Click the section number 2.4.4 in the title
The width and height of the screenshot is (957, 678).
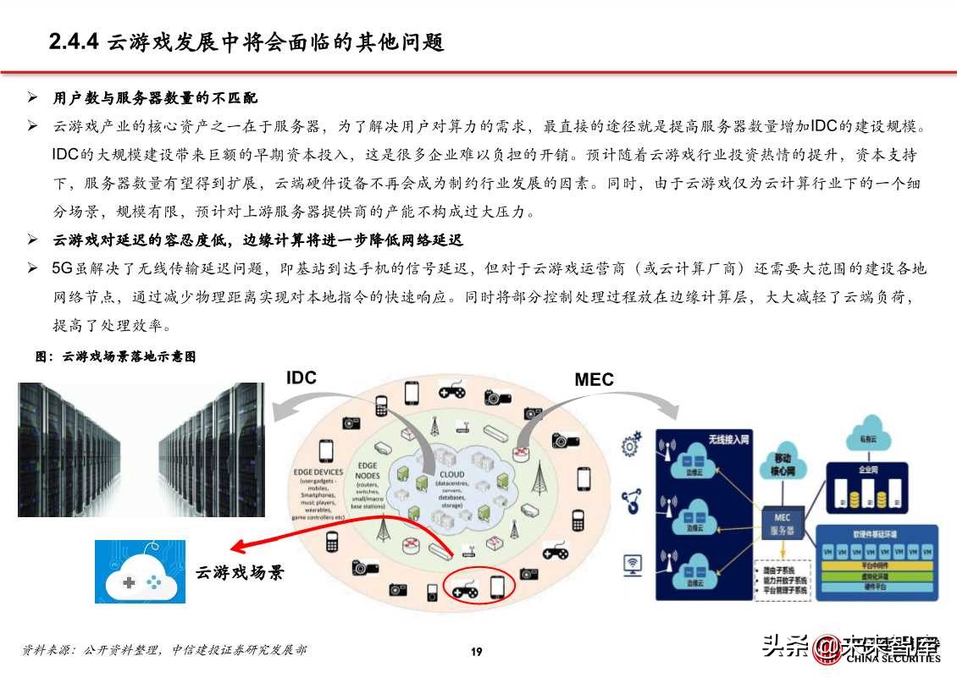(74, 42)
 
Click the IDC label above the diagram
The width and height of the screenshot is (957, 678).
(301, 378)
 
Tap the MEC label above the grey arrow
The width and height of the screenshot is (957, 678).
(594, 380)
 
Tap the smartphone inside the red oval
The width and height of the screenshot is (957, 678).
(498, 586)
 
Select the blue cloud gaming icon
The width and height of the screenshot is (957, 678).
(140, 573)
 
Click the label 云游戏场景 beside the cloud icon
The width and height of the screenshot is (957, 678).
(240, 573)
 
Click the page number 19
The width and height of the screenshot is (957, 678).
(477, 651)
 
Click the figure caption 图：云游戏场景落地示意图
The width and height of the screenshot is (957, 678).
(116, 357)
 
